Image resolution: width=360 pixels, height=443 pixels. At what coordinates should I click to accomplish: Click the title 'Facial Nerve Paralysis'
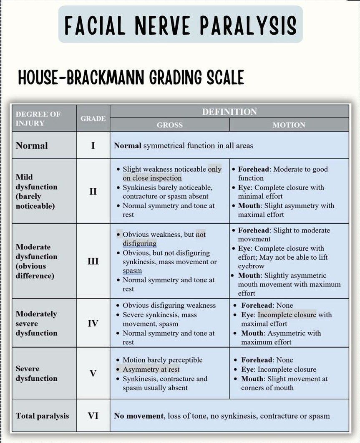[x=180, y=25]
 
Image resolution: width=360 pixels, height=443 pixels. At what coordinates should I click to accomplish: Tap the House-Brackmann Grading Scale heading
[x=131, y=78]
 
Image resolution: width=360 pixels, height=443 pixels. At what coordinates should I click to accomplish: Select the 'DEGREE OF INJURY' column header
[x=38, y=119]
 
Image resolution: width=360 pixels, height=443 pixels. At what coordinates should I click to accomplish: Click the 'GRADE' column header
[x=93, y=119]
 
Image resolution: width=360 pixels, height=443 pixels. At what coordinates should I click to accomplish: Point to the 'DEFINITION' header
[x=229, y=112]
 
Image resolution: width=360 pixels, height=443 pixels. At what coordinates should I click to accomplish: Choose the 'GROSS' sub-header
[x=170, y=125]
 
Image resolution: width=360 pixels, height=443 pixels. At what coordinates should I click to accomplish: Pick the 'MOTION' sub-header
[x=289, y=125]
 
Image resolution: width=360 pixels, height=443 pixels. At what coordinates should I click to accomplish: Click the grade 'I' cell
[x=93, y=146]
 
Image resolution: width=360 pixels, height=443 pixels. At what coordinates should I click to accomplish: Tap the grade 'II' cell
[x=93, y=192]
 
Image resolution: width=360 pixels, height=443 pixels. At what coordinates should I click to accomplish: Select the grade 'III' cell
[x=93, y=261]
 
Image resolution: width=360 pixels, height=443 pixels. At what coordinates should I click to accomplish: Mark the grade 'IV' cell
[x=93, y=323]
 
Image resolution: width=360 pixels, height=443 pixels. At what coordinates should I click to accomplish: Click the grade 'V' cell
[x=93, y=373]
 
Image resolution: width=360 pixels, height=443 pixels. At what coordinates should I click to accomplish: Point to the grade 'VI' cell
[x=93, y=416]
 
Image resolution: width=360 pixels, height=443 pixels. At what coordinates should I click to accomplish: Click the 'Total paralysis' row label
[x=42, y=416]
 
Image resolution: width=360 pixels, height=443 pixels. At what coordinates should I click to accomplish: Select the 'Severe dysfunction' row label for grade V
[x=36, y=373]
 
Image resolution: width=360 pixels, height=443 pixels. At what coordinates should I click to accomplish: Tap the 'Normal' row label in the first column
[x=32, y=146]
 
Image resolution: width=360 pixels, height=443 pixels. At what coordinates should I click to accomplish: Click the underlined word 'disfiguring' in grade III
[x=139, y=243]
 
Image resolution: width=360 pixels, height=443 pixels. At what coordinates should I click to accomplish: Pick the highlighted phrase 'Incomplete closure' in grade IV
[x=287, y=314]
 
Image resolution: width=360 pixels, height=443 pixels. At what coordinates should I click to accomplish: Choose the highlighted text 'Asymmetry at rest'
[x=151, y=370]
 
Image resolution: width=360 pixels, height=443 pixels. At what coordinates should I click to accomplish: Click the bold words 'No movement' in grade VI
[x=138, y=416]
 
